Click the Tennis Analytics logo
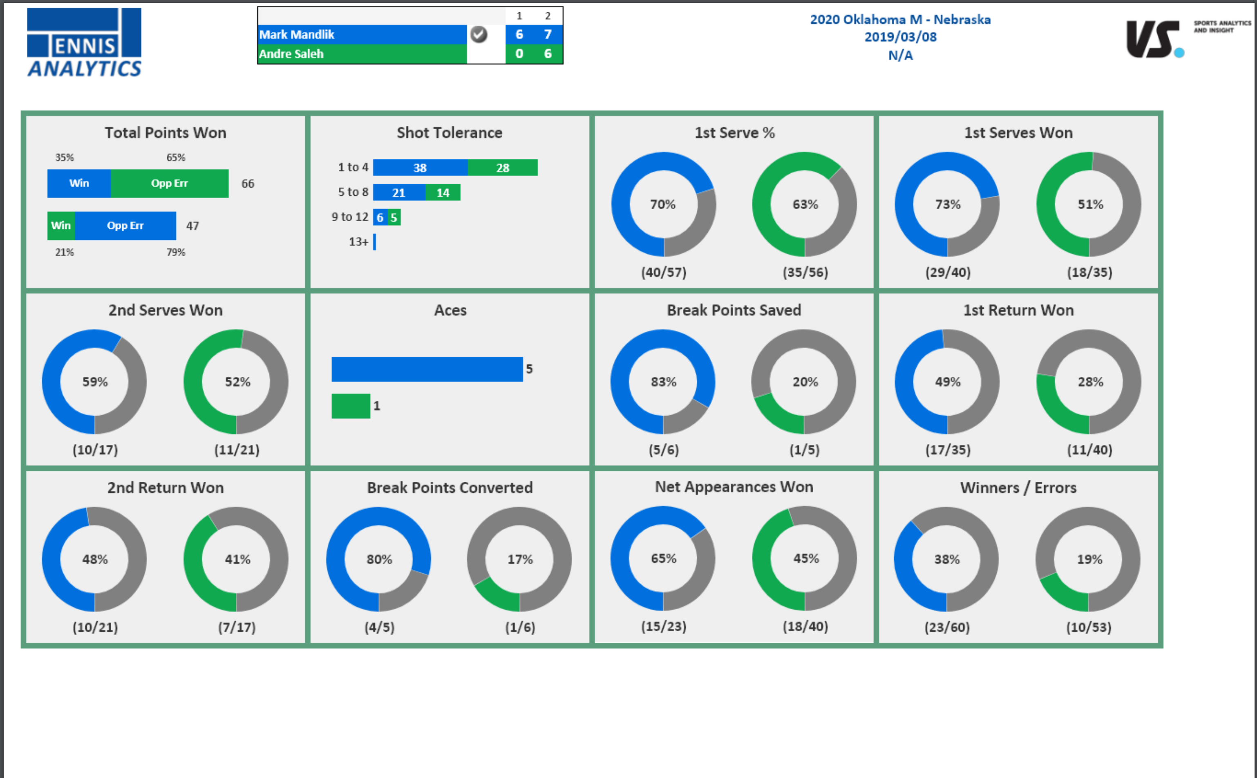84,43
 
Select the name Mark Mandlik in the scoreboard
297,34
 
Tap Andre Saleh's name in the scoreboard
291,54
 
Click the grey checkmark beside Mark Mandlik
479,34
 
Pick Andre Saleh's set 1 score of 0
519,54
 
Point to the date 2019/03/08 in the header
900,37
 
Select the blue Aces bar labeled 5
427,369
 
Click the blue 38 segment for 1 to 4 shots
420,168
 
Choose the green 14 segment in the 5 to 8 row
443,193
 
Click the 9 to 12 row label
350,217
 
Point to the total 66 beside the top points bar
248,184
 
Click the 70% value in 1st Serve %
663,204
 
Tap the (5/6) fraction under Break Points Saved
663,450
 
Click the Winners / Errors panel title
1018,487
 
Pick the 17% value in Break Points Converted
520,559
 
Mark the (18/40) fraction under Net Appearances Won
805,626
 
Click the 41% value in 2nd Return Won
237,559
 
